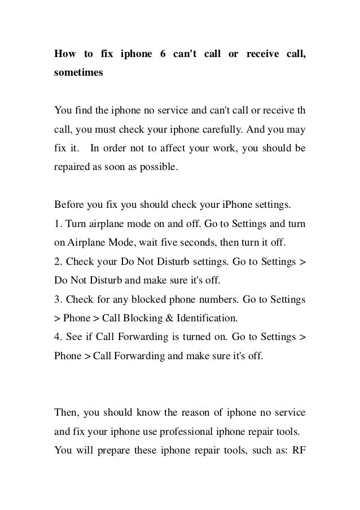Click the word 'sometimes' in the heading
(78, 73)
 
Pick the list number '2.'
(58, 261)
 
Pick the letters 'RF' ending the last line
(298, 451)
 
